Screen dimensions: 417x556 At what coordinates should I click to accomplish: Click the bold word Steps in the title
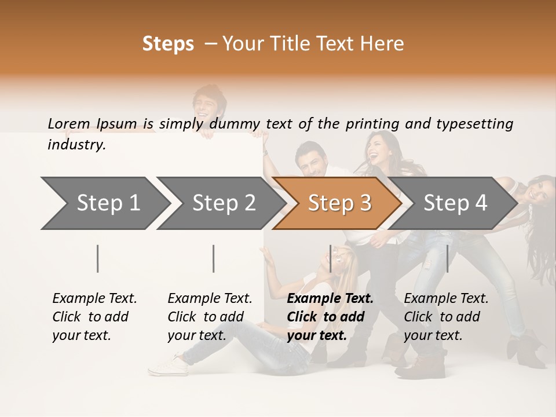[168, 44]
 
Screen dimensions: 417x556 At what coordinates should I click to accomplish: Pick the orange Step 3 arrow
[338, 203]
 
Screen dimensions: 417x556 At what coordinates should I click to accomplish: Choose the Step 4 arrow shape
[454, 203]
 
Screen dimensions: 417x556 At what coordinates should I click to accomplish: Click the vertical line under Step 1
[98, 258]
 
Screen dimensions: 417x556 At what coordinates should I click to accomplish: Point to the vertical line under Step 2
[214, 258]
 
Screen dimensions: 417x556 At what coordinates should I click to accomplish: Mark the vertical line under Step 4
[447, 258]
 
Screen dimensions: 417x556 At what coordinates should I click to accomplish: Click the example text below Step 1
[94, 317]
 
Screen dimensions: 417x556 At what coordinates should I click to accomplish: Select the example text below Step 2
[210, 317]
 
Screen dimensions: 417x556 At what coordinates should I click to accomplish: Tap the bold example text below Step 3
[330, 317]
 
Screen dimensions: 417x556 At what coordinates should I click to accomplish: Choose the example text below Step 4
[446, 317]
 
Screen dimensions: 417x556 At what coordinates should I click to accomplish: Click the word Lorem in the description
[69, 123]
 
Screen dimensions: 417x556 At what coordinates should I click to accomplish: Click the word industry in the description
[76, 145]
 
